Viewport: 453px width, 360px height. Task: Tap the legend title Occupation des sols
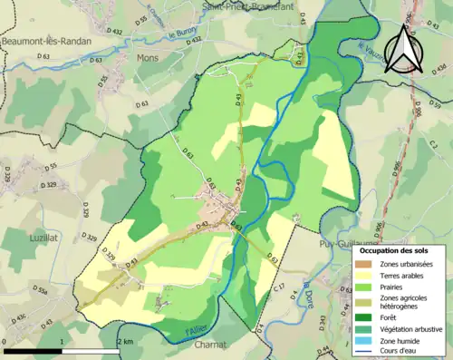(x=398, y=250)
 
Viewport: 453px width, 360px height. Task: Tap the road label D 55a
(x=40, y=289)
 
